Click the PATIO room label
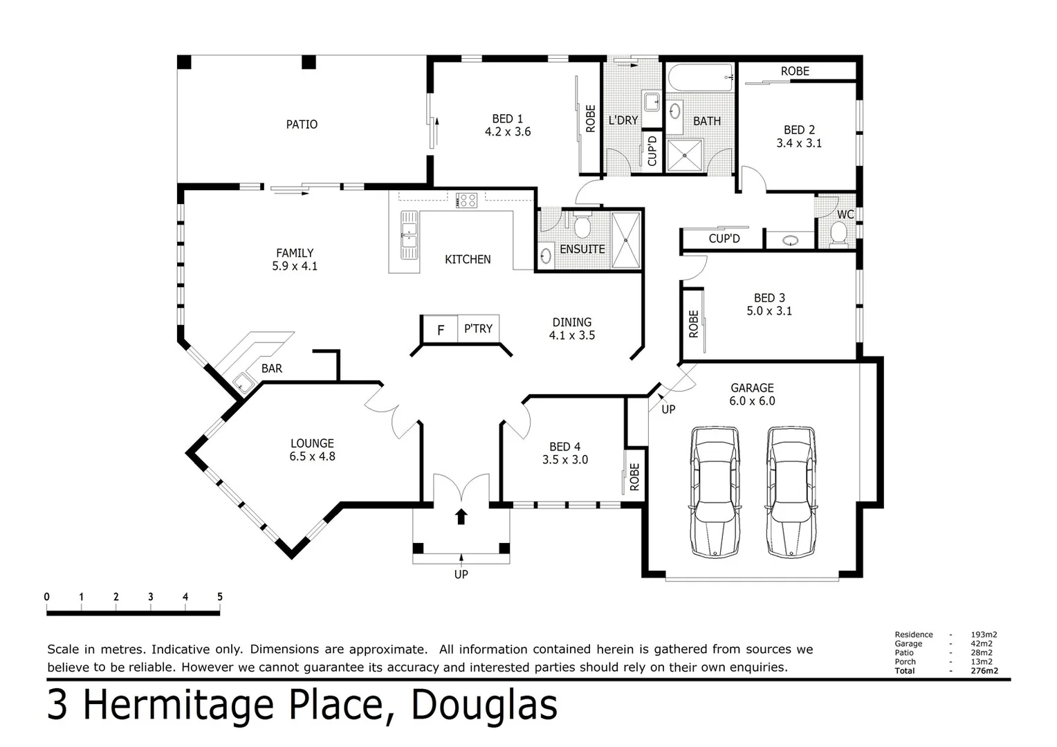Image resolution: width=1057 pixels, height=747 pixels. tap(302, 124)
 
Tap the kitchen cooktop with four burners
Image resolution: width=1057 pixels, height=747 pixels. tap(466, 201)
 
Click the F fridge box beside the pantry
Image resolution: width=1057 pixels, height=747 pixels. tap(440, 330)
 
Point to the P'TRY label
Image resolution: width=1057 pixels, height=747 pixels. tap(478, 329)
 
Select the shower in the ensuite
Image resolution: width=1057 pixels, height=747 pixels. tap(627, 240)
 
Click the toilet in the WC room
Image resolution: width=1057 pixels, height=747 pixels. tap(838, 232)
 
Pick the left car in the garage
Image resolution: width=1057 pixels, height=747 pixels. tap(716, 492)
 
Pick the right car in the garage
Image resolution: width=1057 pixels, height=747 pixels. tap(791, 492)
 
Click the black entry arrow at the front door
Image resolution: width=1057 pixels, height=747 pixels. tap(461, 517)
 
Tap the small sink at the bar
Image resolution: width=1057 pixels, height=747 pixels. tap(243, 382)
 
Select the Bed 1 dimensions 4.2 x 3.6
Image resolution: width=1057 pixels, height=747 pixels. tap(508, 132)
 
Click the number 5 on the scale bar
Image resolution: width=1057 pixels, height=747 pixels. tap(220, 597)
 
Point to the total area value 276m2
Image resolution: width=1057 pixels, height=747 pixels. tap(984, 671)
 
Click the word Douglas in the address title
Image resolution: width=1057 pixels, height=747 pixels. tap(484, 705)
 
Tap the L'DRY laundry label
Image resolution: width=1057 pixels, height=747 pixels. tap(623, 120)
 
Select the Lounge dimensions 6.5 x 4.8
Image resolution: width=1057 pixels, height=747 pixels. tap(312, 456)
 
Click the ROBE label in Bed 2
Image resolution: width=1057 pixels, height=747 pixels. tap(795, 71)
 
